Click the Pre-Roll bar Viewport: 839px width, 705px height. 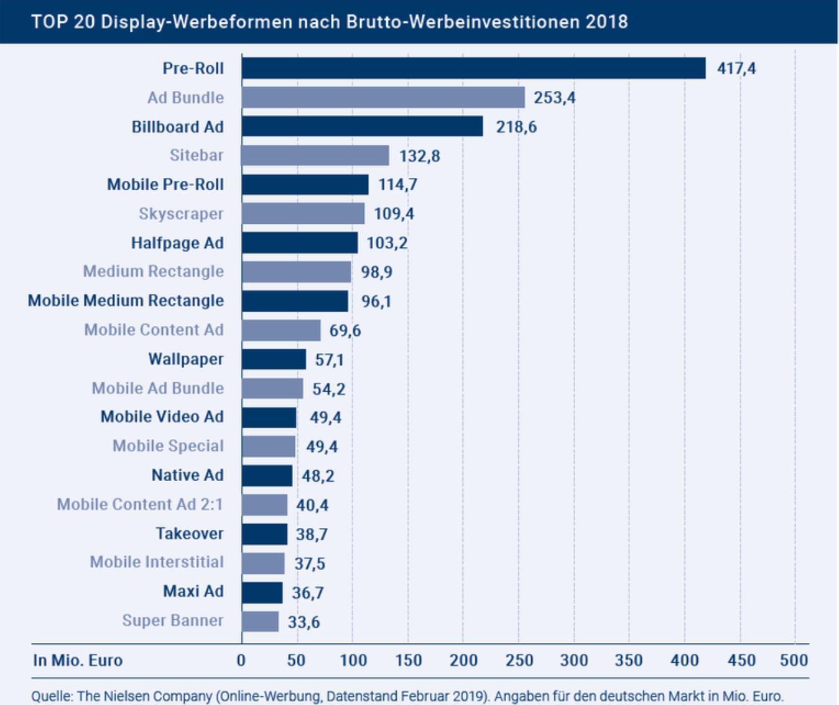tap(473, 68)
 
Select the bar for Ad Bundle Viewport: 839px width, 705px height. tap(383, 98)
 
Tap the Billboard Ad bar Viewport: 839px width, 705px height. tap(362, 126)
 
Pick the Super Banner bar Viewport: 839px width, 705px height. tap(260, 621)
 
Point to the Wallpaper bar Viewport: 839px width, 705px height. tap(274, 359)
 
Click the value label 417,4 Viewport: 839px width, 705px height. tap(736, 68)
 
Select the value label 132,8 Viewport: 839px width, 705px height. tap(420, 155)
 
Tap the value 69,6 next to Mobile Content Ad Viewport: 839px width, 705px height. tap(345, 330)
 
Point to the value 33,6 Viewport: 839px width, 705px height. tap(304, 622)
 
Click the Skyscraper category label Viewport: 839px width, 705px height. tap(181, 214)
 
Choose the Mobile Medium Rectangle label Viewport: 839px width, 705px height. tap(126, 301)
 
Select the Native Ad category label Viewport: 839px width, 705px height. tap(187, 476)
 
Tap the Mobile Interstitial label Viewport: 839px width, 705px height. tap(157, 563)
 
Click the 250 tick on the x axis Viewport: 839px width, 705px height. tap(519, 660)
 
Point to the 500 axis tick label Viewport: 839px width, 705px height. tap(794, 660)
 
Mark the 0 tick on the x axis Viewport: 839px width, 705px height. tap(241, 660)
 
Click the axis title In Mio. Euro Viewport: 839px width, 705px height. tap(78, 660)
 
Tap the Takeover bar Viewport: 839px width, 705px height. tap(264, 534)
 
